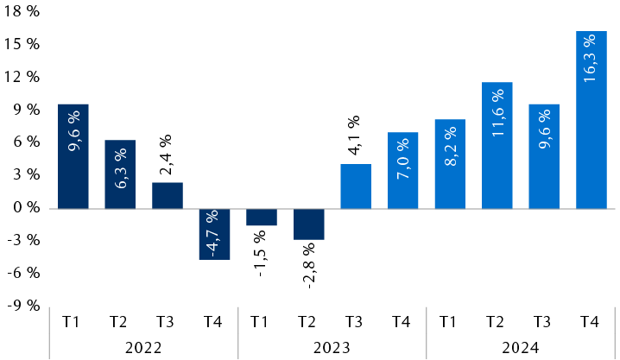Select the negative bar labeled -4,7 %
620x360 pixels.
214,234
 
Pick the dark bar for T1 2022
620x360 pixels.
73,156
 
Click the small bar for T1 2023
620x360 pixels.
261,217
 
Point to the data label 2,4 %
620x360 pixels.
167,155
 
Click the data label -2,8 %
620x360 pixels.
308,264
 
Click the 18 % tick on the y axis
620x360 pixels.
21,11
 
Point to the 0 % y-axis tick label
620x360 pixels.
24,208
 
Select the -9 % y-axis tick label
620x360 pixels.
22,306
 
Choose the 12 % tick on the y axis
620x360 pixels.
21,77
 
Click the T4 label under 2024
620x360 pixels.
591,322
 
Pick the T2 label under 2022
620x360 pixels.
119,322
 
